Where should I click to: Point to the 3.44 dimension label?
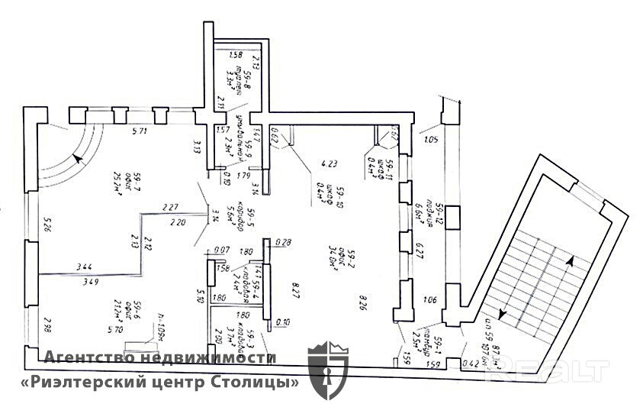85,267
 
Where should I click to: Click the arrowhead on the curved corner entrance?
78,160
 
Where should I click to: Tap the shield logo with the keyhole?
327,370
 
